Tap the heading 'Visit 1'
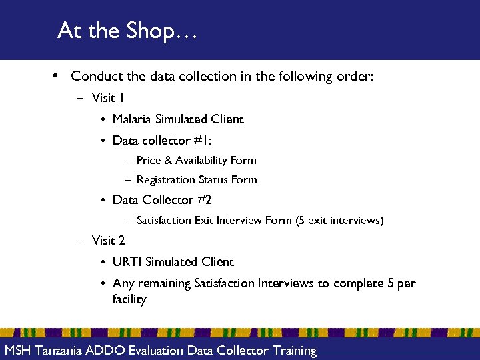tap(108, 98)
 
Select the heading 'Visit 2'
tap(109, 240)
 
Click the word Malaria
tap(132, 119)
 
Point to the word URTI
tap(127, 262)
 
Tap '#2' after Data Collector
tap(205, 200)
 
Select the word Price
tap(148, 160)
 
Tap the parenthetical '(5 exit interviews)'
tap(339, 220)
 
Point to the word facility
tap(129, 299)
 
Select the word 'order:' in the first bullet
tap(357, 77)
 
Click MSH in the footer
tap(19, 351)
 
